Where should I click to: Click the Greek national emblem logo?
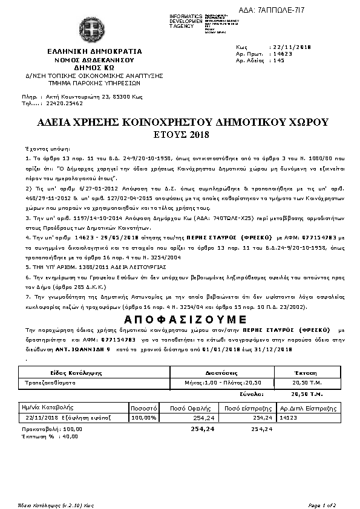(x=90, y=29)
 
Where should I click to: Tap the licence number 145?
(x=279, y=60)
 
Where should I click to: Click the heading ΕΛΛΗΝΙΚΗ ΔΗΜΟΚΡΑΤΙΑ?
(x=90, y=52)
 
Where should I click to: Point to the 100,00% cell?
(x=144, y=417)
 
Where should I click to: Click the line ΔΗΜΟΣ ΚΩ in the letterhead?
(x=90, y=68)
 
